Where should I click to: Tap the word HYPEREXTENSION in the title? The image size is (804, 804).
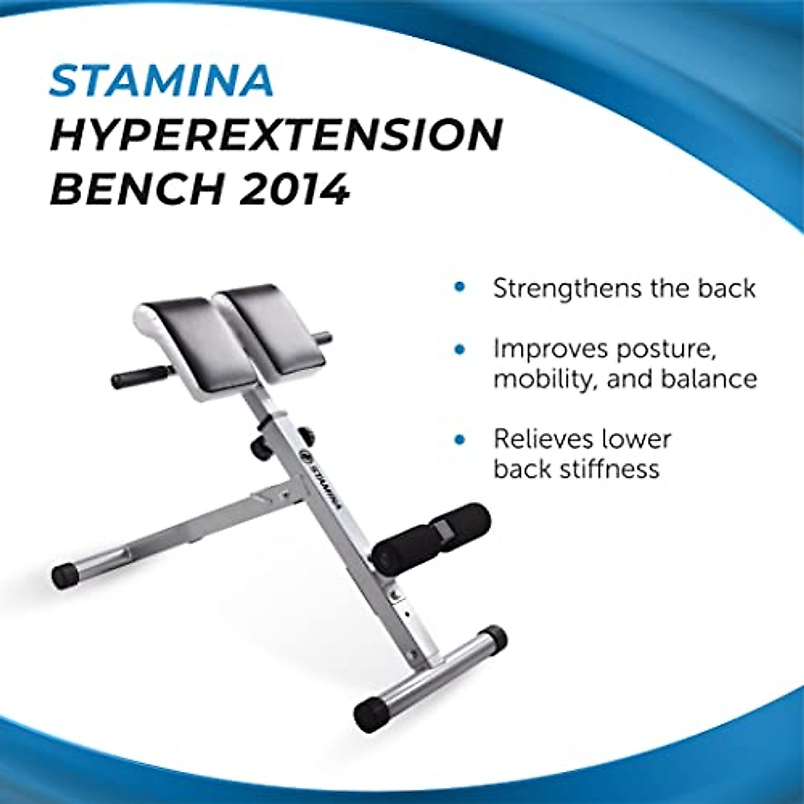(275, 135)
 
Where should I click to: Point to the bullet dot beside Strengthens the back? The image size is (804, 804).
(459, 287)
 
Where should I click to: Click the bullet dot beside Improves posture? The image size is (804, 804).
(459, 349)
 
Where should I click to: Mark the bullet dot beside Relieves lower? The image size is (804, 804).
(459, 440)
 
